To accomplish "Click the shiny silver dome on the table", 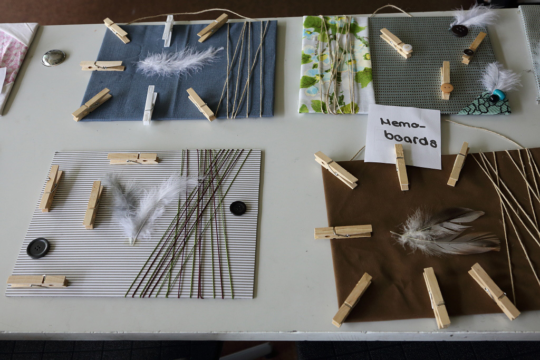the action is (53, 57).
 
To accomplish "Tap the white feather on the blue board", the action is (178, 61).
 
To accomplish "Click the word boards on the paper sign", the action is (410, 138).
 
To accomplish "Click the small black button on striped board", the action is (238, 208).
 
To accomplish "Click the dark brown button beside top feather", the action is (459, 31).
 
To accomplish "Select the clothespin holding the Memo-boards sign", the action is (401, 167).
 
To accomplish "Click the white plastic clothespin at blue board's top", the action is (168, 30).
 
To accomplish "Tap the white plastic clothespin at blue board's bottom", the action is (149, 105).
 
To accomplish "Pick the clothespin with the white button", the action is (396, 43).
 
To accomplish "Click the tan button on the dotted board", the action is (446, 86).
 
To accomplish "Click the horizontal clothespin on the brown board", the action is (343, 231).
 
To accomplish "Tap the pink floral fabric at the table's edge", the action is (14, 59).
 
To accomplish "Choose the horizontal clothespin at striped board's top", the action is (133, 158).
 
